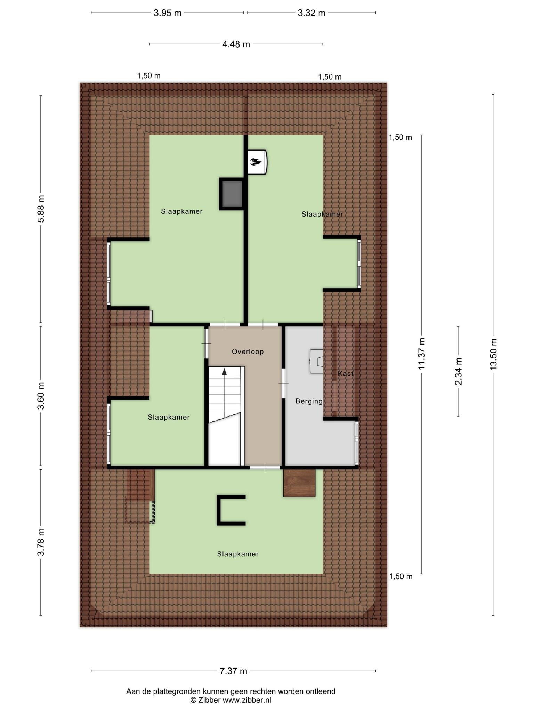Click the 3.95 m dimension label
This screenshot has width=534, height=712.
[x=168, y=13]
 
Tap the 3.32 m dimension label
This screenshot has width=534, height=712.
[x=311, y=13]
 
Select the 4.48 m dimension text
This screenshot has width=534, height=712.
[x=236, y=44]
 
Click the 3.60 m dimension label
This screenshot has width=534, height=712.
[x=41, y=396]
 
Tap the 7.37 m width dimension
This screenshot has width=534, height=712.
[x=233, y=671]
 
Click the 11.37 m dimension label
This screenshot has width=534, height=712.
[x=422, y=354]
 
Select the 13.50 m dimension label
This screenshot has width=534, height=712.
[x=493, y=354]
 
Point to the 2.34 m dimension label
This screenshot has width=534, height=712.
[x=458, y=371]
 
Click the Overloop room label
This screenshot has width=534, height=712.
[x=248, y=352]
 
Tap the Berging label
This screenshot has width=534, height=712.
[x=309, y=402]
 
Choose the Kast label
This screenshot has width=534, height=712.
[x=346, y=374]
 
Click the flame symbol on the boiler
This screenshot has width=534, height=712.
[x=256, y=162]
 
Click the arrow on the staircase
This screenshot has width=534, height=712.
[x=225, y=372]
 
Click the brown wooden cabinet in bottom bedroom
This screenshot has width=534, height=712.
[x=299, y=483]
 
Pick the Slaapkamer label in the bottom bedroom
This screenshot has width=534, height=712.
[x=238, y=554]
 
